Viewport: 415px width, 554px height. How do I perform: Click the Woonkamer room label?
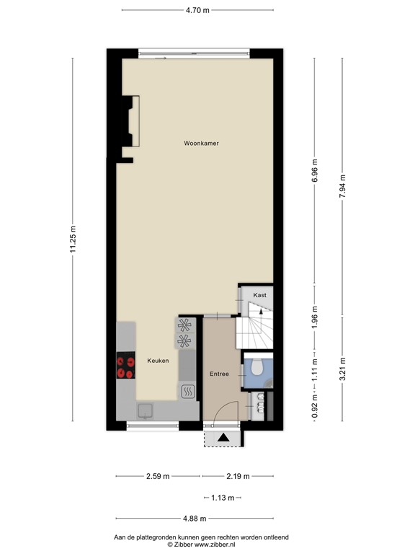click(201, 144)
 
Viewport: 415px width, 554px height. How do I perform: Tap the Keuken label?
click(159, 361)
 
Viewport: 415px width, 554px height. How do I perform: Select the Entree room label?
click(219, 374)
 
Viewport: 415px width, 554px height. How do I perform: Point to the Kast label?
click(259, 295)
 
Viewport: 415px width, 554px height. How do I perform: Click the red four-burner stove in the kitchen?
click(125, 367)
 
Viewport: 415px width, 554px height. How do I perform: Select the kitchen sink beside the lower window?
click(146, 410)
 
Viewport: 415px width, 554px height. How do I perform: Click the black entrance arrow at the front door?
click(223, 436)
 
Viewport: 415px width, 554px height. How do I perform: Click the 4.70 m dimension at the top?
click(197, 10)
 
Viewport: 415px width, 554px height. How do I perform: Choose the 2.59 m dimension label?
click(157, 476)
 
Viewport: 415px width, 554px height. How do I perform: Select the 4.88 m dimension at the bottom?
click(195, 519)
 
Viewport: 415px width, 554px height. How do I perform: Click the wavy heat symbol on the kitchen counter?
click(187, 392)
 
